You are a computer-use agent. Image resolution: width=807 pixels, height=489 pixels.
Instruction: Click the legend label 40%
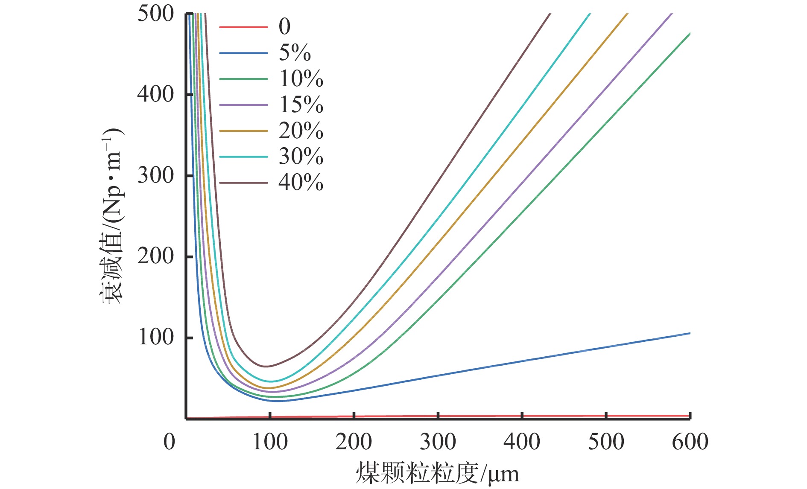point(301,183)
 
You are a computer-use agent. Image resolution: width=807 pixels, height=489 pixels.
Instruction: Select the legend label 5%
point(295,53)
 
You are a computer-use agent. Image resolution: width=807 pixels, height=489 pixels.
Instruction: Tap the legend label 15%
point(301,105)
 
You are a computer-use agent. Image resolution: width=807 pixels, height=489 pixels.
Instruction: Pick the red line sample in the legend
point(243,27)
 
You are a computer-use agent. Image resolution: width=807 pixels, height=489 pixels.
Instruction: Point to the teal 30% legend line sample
point(243,157)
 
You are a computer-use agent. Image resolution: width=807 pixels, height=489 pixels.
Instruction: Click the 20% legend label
point(301,131)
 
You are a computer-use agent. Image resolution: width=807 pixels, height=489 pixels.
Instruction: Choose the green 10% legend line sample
point(243,79)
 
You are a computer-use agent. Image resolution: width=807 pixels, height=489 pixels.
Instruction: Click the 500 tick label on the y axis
point(156,14)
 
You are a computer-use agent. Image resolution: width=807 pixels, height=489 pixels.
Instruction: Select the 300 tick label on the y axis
point(156,175)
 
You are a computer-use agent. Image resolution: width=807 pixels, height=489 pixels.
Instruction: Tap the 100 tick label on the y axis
point(156,337)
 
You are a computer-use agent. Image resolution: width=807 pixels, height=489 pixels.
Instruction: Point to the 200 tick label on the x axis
point(354,442)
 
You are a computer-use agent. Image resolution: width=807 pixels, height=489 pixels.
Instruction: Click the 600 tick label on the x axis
point(690,442)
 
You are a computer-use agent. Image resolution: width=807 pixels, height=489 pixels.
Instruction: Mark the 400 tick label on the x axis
point(522,442)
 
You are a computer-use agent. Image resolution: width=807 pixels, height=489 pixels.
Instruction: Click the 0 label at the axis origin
point(170,442)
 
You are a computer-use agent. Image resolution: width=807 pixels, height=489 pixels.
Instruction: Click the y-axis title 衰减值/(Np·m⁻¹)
point(112,215)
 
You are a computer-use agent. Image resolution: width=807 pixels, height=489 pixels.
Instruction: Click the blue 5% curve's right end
point(690,333)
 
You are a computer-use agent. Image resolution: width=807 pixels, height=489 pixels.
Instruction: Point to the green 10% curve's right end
point(690,34)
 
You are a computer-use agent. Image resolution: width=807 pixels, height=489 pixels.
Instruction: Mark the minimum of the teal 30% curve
point(270,381)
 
